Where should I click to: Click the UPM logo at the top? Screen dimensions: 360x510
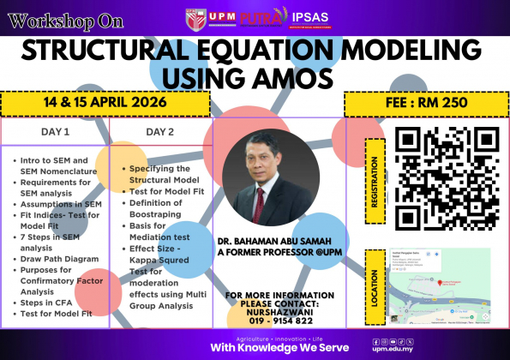pyautogui.click(x=210, y=17)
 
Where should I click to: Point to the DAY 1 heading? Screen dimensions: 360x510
pyautogui.click(x=55, y=133)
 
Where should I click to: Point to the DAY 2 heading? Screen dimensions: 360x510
pyautogui.click(x=159, y=133)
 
